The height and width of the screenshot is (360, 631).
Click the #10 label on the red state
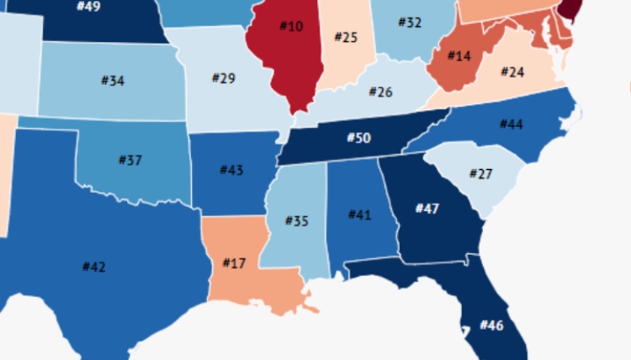(x=290, y=27)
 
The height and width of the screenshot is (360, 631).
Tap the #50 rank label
(x=358, y=137)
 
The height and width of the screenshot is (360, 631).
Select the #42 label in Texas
(x=93, y=267)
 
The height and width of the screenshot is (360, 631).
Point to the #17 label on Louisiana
(x=234, y=262)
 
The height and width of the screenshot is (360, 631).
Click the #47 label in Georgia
(x=427, y=208)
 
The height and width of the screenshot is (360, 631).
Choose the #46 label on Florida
(x=491, y=325)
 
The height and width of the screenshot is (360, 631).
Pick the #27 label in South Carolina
(x=480, y=174)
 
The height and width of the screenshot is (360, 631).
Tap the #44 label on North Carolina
(x=512, y=124)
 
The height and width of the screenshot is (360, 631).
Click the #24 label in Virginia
(x=512, y=72)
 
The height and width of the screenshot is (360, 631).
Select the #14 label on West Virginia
(x=459, y=56)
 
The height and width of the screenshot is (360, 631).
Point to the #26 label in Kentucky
(x=380, y=92)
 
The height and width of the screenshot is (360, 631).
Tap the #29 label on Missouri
(x=223, y=78)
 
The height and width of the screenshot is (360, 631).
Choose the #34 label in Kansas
(x=113, y=81)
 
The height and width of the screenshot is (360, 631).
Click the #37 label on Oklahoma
(x=130, y=160)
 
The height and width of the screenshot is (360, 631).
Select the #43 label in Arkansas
(x=231, y=170)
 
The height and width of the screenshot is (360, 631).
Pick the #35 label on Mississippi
(x=297, y=220)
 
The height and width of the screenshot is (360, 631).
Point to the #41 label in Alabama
(x=360, y=214)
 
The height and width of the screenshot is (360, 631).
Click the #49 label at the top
(x=88, y=6)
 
